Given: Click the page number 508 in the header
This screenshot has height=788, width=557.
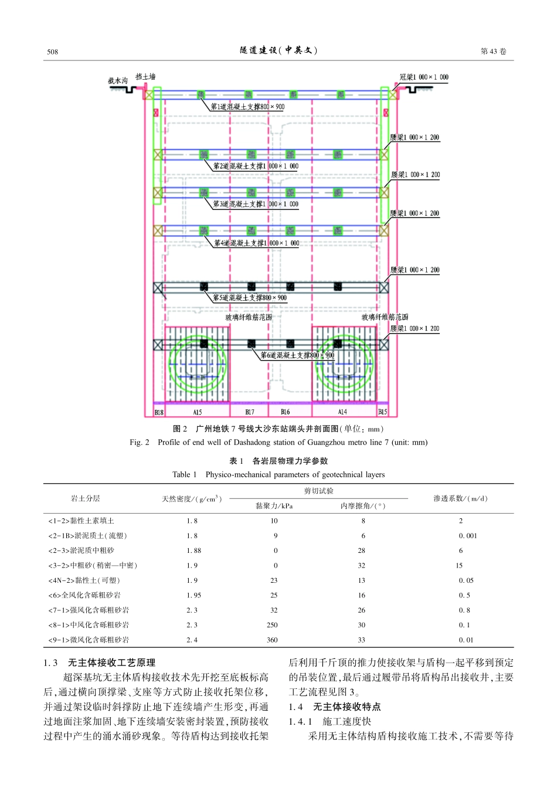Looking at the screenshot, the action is pos(53,52).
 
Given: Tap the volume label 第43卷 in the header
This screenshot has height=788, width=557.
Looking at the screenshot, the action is pos(493,52).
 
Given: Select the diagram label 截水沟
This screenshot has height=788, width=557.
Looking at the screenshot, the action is pos(117,80).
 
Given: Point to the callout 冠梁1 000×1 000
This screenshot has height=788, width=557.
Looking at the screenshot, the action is pos(424,77).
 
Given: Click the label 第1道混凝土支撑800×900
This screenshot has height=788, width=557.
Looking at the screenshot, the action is pos(247,107).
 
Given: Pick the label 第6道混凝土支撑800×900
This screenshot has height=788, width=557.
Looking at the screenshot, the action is pos(297,355).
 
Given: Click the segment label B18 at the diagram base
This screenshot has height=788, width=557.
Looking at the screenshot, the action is pos(159,412).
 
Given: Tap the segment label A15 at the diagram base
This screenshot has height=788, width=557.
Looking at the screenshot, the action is pos(197,412).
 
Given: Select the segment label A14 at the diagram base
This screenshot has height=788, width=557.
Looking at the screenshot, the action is pos(342,412).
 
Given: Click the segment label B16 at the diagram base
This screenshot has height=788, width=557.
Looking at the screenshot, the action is pos(286,412).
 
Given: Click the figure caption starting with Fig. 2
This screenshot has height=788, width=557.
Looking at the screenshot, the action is pos(278,442).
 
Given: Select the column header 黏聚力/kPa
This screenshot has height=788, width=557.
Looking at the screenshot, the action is pos(274,505).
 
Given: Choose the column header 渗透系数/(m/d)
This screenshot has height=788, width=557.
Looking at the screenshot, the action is pos(460,498).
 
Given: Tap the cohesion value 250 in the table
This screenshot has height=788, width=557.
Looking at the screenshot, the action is pos(272,625).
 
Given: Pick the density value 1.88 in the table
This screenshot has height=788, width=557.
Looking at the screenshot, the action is pos(193,551).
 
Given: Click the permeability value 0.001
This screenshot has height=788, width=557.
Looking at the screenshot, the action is pos(467,536).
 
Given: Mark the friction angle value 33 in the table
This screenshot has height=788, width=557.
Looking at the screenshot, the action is pos(361,640).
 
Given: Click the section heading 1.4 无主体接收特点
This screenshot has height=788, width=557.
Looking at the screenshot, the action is pos(334,707).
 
